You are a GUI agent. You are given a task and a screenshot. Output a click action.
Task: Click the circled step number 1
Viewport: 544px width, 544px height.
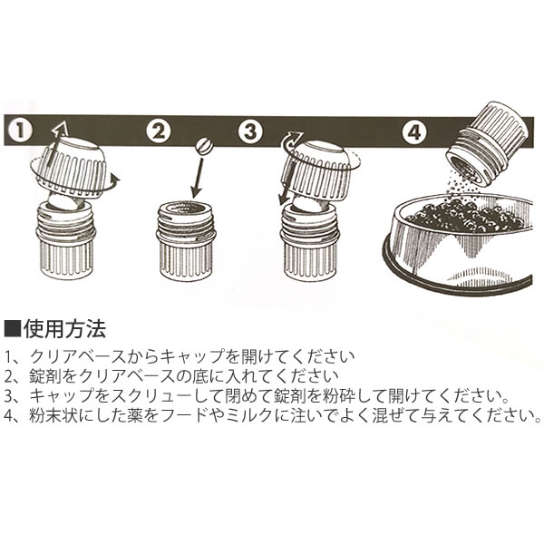click(x=20, y=131)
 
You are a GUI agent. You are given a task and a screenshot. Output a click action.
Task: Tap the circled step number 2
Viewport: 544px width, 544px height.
click(x=158, y=131)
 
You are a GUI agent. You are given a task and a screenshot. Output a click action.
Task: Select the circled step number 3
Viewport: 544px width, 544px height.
click(x=250, y=131)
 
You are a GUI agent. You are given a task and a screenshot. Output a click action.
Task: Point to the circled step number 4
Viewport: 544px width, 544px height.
click(x=415, y=131)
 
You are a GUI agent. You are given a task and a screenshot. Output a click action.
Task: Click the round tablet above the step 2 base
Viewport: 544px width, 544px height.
click(x=204, y=147)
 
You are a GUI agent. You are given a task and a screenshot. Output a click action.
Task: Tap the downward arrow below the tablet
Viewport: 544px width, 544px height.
click(x=198, y=176)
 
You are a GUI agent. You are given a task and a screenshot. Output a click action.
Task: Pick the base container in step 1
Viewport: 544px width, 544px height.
click(x=66, y=239)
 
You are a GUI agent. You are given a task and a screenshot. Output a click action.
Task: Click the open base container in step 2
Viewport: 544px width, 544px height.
click(x=186, y=239)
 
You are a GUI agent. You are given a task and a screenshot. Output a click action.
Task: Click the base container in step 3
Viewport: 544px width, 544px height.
click(x=309, y=241)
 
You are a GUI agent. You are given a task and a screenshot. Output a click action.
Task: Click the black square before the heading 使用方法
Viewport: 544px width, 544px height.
click(x=13, y=329)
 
